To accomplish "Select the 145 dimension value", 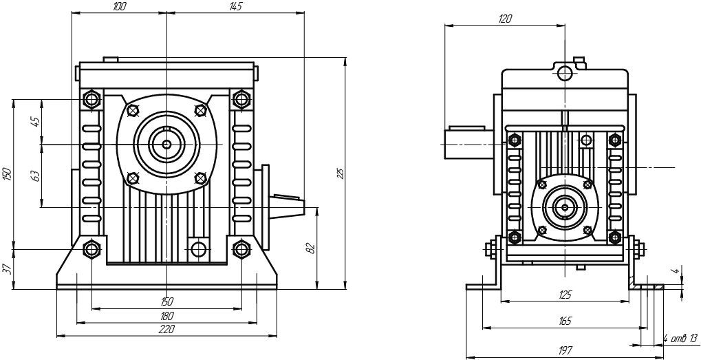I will [235, 7].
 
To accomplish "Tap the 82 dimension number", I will [310, 248].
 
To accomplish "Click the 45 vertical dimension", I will [36, 121].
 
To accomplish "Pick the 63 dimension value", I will [36, 175].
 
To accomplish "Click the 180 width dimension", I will [166, 315].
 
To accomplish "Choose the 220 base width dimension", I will [166, 330].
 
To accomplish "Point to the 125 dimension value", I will [565, 295].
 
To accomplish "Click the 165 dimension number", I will [565, 321].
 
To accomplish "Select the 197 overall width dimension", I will [565, 350].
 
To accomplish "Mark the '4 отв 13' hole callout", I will [681, 337].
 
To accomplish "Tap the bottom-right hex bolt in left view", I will [241, 248].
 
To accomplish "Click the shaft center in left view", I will [167, 144].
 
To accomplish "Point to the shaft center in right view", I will [565, 206].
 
